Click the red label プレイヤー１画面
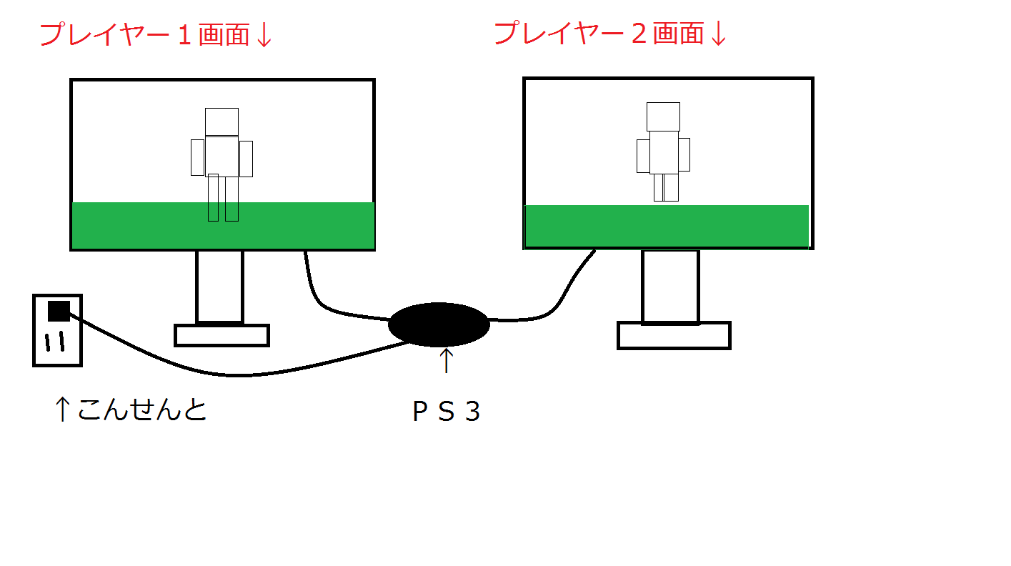(x=143, y=34)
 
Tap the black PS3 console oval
(x=439, y=324)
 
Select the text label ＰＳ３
(x=446, y=412)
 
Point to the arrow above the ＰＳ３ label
(x=446, y=360)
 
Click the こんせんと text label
(x=141, y=409)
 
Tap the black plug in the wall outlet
(x=59, y=311)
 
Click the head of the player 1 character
(x=221, y=121)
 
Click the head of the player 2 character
(x=663, y=116)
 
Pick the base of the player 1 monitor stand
(x=221, y=335)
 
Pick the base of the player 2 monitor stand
(x=674, y=335)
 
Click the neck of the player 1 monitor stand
(x=220, y=286)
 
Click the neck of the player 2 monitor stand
(x=670, y=286)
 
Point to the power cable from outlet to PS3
(x=214, y=374)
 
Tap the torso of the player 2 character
(x=663, y=152)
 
